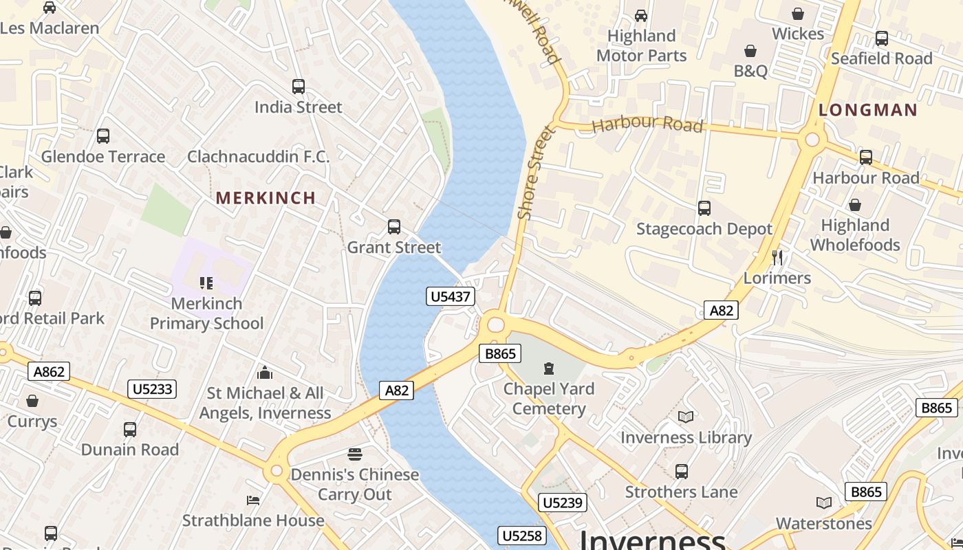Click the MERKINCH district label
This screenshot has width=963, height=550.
pos(266,198)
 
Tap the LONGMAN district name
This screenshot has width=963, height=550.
pos(867,110)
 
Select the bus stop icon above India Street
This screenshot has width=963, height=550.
pos(299,87)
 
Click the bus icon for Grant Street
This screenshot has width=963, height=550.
pos(394,227)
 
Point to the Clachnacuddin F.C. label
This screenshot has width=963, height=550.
pos(259,157)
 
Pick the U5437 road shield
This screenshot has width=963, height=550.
pos(451,296)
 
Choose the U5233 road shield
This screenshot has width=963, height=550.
pos(152,389)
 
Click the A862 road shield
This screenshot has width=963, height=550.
pos(50,372)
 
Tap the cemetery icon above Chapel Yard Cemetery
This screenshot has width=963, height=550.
pos(548,369)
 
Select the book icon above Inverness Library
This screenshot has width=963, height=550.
pos(686,417)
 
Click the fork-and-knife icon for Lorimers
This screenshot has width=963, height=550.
pos(777,257)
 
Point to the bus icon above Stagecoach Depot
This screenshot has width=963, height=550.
pos(704,208)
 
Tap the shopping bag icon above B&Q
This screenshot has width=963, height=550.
pos(750,51)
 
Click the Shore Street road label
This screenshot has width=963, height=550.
pos(535,173)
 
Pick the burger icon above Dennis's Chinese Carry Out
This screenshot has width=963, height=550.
pos(355,454)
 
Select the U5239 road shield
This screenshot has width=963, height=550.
pos(563,503)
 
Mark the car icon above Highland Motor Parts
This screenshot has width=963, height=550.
pos(641,15)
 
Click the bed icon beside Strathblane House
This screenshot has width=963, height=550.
pos(253,500)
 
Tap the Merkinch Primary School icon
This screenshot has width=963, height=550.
pos(206,283)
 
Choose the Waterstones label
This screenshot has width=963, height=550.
pos(823,523)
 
